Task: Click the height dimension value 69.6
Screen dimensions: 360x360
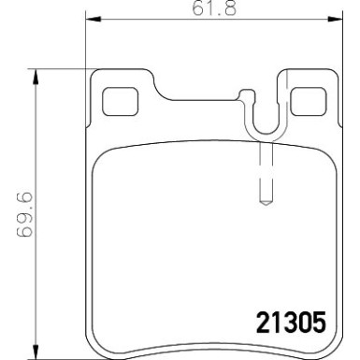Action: click(13, 214)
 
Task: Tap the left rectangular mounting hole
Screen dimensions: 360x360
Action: click(118, 97)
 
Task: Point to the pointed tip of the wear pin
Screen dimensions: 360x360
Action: click(264, 202)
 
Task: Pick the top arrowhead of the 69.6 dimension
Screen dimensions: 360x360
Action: click(34, 72)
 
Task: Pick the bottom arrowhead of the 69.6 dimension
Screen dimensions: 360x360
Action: click(34, 353)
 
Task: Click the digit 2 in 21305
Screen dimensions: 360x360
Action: click(263, 323)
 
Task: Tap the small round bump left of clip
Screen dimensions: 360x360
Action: click(245, 94)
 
